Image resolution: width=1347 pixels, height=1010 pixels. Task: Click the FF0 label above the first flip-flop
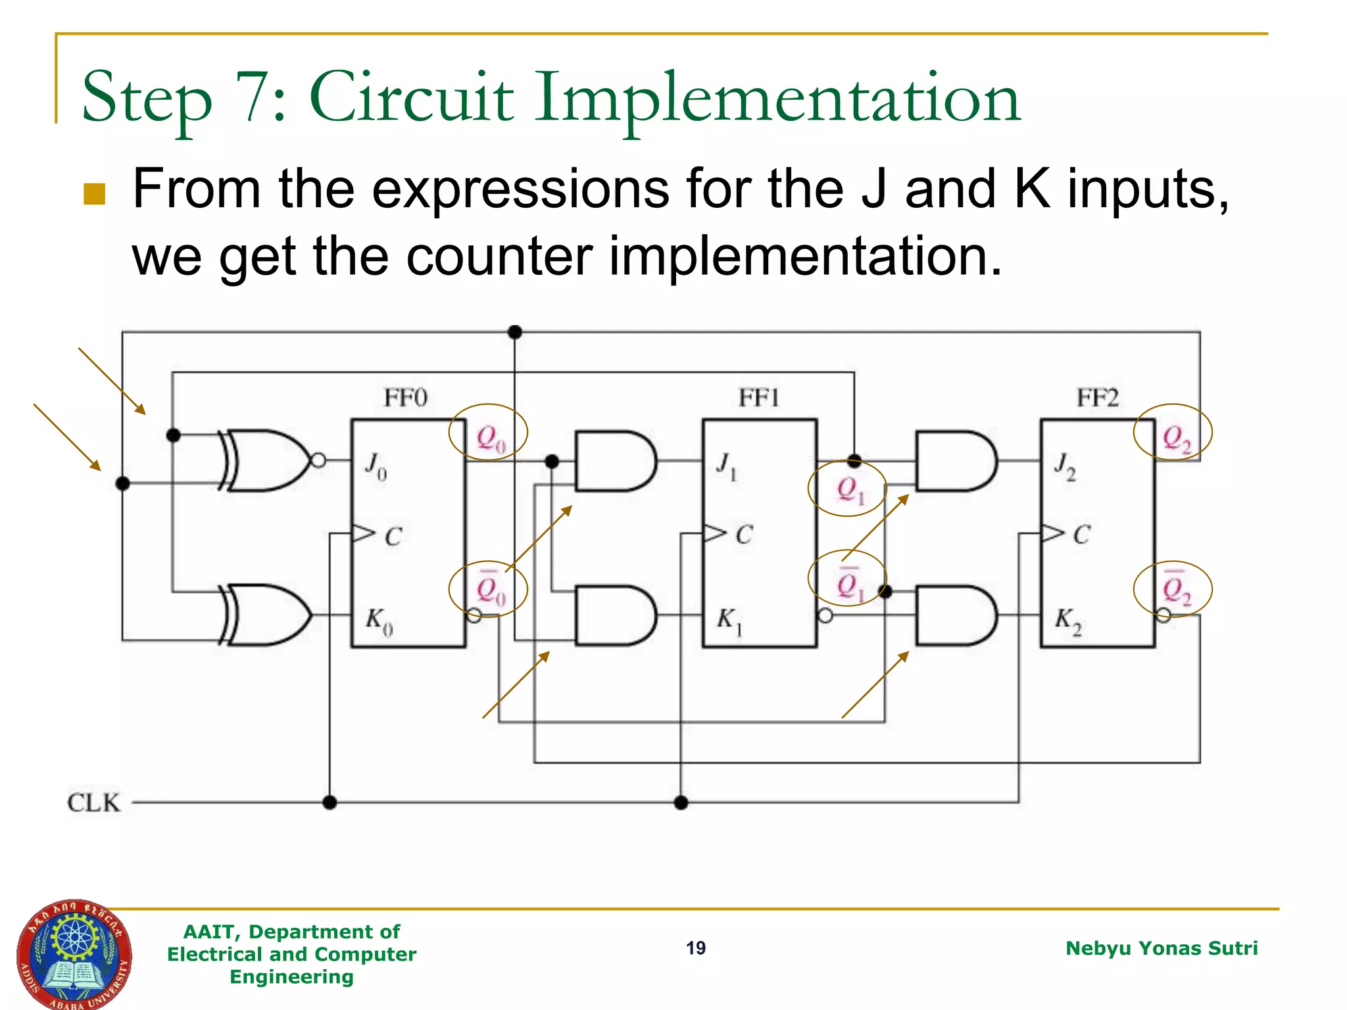(405, 398)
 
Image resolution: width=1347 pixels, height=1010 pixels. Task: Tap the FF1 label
(758, 398)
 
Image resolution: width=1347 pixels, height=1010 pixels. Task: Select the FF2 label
(1097, 398)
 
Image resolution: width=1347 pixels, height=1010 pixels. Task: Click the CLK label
(93, 803)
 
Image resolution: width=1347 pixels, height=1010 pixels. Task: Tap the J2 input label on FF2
(1065, 466)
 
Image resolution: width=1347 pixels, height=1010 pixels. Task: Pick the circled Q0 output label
(490, 438)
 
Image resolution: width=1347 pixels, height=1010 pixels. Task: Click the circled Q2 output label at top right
(1176, 438)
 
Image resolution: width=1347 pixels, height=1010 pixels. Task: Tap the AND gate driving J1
(614, 461)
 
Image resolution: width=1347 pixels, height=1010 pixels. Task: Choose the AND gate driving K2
(955, 615)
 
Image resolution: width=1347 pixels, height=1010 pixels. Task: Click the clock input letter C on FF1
(744, 535)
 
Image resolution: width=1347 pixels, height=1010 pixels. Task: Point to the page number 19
(696, 948)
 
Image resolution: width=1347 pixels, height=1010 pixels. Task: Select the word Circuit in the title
(411, 99)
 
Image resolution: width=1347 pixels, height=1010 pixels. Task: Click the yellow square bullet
(95, 194)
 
